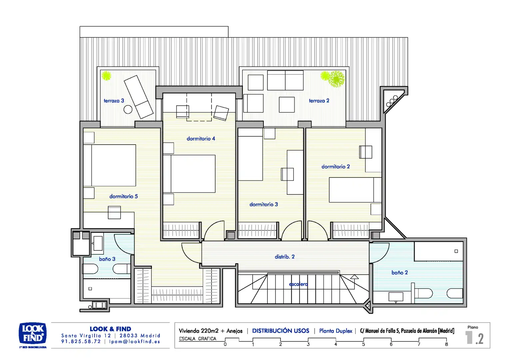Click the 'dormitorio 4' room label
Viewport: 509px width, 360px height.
tap(201, 138)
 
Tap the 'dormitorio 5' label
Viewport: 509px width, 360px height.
tap(123, 196)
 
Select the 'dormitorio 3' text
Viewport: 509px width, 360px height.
tap(263, 204)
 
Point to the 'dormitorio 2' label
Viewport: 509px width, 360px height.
tap(335, 166)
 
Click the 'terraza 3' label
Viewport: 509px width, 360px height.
tap(114, 101)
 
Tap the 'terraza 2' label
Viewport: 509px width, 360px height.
tap(319, 101)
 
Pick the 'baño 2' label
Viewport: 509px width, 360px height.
tap(399, 272)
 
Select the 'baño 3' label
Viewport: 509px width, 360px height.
tap(107, 259)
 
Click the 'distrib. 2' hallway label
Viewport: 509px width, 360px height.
tap(284, 257)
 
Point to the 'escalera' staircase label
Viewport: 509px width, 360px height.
tap(298, 284)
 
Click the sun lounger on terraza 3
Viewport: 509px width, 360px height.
tap(139, 97)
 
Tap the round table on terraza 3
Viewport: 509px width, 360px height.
tap(128, 110)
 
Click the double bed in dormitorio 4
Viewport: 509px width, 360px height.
tap(189, 174)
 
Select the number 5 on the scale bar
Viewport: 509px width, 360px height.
tap(363, 344)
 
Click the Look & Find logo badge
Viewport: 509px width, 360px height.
tap(33, 333)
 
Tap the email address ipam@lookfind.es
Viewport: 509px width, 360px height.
tap(135, 342)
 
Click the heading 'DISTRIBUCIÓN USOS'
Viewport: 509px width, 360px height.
tap(280, 331)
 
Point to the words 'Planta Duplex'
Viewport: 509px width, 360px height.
tap(336, 331)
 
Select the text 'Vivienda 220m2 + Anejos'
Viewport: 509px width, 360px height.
tap(211, 331)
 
